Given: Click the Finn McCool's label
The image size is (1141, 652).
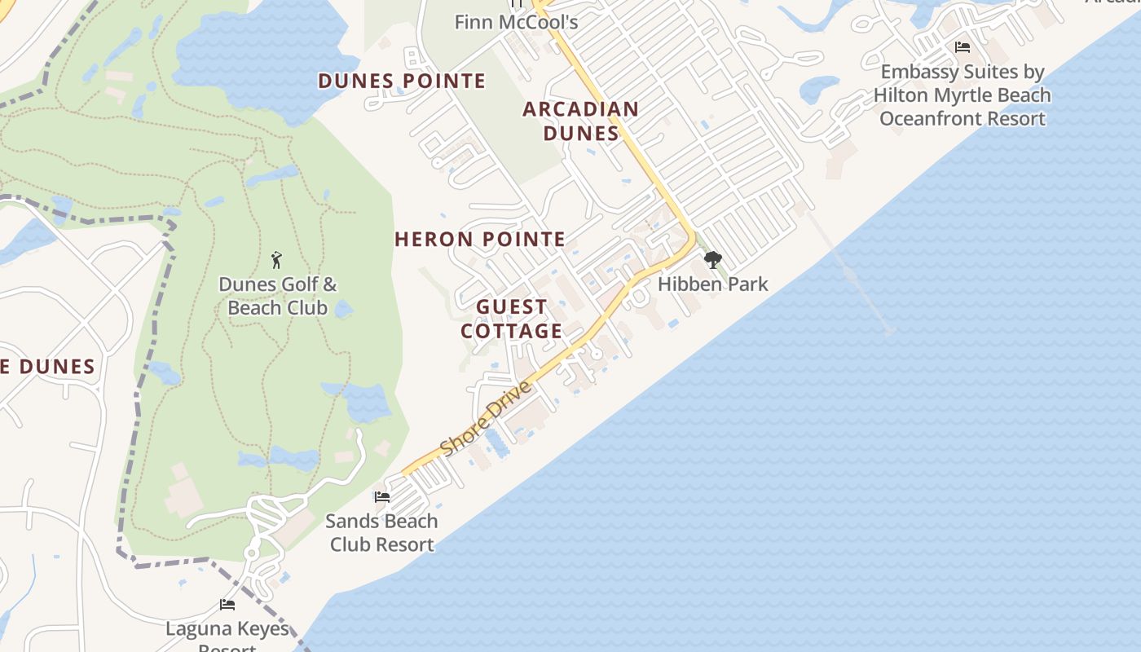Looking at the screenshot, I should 516,22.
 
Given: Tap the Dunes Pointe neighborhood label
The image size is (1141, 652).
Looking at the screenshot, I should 402,81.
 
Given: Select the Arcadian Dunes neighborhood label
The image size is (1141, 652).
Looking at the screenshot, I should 580,121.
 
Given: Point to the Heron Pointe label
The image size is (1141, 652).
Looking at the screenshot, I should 480,240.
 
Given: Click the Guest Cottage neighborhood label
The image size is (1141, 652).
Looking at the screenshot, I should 512,319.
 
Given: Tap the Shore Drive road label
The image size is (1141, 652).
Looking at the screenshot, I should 486,419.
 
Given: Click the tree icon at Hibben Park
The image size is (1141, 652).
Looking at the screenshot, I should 713,260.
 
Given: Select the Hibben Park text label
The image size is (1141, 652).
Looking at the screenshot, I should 713,284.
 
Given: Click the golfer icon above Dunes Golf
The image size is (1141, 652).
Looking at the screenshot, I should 277,261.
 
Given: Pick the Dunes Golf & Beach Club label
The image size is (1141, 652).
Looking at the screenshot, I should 277,296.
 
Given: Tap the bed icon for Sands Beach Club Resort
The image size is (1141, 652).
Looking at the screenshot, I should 381,497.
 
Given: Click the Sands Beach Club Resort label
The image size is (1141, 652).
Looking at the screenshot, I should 381,533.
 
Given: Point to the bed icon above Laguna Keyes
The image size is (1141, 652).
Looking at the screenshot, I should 227,605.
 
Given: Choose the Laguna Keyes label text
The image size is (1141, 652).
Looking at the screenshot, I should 227,629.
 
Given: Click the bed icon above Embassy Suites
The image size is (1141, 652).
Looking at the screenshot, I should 963,47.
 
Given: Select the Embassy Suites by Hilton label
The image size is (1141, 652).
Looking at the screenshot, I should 963,95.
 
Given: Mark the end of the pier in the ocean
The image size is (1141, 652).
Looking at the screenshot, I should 888,331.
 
